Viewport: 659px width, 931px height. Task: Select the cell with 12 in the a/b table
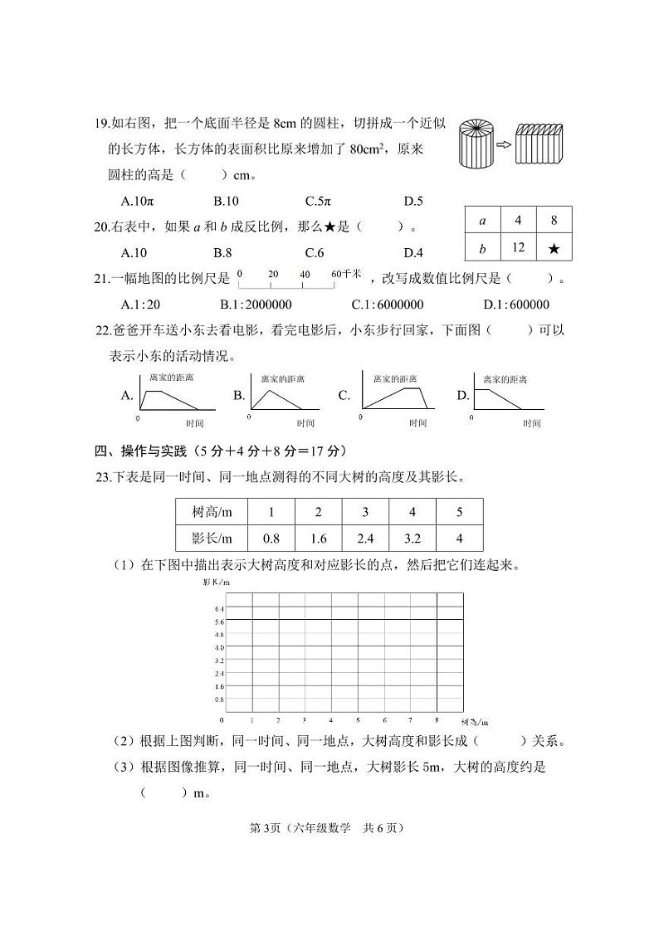click(519, 247)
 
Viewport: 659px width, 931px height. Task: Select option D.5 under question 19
click(413, 201)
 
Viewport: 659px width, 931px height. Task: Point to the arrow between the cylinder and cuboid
click(503, 144)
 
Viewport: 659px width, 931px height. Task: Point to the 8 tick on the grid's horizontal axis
click(437, 719)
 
